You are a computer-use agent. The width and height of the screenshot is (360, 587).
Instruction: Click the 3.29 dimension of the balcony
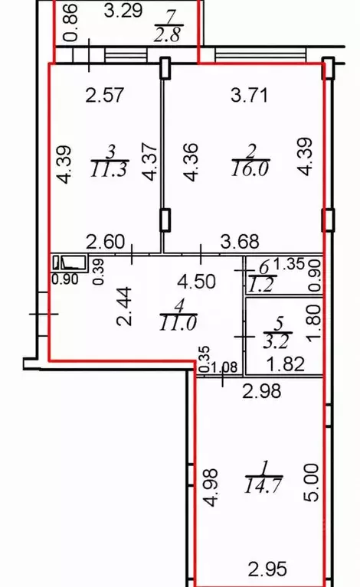coord(123,11)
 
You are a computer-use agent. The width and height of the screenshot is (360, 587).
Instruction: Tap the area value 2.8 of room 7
coord(168,34)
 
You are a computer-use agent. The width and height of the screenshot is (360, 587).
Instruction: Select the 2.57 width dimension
coord(104,95)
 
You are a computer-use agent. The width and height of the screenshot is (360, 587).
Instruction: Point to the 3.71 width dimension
coord(250,95)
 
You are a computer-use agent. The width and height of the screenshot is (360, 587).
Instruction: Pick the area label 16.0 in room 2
coord(250,169)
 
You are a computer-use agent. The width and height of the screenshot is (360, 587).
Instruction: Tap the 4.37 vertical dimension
coord(152,161)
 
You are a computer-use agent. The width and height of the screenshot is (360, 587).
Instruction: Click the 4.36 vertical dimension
coord(192,161)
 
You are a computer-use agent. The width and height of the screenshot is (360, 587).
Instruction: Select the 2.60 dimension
coord(105,242)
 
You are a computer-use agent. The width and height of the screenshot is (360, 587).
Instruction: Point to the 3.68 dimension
coord(240,242)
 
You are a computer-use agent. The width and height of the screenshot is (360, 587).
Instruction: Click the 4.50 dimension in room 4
coord(197,282)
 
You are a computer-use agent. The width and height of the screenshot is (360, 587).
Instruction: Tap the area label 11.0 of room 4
coord(178,323)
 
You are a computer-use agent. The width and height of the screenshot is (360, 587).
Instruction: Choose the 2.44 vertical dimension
coord(125,306)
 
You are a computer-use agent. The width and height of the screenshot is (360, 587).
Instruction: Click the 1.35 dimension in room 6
coord(288,264)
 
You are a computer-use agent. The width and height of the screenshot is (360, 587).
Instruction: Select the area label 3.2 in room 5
coord(277,342)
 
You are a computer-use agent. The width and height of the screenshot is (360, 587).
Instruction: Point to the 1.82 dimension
coord(286,364)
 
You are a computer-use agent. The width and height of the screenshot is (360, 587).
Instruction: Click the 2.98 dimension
coord(261,392)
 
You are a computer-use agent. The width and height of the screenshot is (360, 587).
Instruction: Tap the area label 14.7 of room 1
coord(263,486)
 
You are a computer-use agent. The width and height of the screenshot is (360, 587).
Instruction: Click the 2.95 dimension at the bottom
coord(267,569)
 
